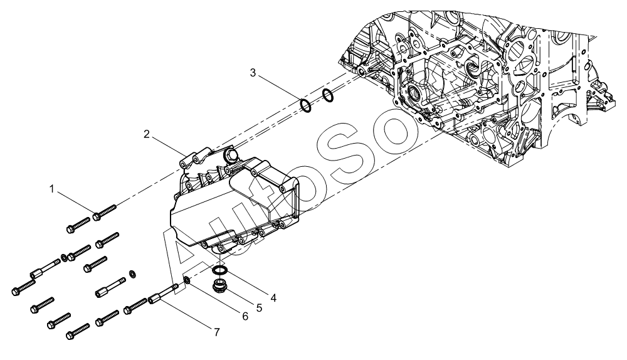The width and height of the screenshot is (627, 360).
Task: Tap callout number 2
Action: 145,134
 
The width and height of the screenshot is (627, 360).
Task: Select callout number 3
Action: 253,73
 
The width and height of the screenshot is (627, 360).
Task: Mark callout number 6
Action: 245,317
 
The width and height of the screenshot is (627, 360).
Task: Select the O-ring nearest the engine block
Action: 327,95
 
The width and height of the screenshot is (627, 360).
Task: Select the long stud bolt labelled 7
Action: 166,294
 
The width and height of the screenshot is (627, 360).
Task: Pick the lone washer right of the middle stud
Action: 132,273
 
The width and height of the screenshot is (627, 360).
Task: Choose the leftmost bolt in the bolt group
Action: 21,287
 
